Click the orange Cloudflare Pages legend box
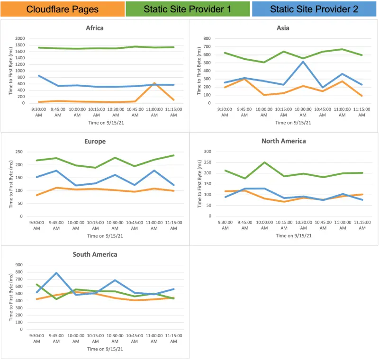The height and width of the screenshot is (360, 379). tap(63, 9)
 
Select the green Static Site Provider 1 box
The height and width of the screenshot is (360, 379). tap(188, 9)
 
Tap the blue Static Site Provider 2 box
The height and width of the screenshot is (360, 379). tap(314, 9)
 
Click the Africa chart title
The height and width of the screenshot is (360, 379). tap(95, 28)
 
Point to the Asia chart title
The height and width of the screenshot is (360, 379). tap(283, 28)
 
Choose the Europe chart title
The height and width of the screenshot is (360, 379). tap(95, 141)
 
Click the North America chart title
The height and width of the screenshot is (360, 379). tap(283, 141)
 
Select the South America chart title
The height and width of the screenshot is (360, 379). tap(95, 254)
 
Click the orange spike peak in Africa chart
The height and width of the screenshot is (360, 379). tap(154, 83)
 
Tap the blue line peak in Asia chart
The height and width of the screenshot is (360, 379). tap(303, 62)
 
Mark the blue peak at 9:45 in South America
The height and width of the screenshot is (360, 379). tap(56, 273)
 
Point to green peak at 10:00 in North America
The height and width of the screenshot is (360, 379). tap(264, 162)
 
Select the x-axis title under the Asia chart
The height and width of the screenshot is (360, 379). tap(293, 123)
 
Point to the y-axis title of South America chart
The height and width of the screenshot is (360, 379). tap(11, 297)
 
